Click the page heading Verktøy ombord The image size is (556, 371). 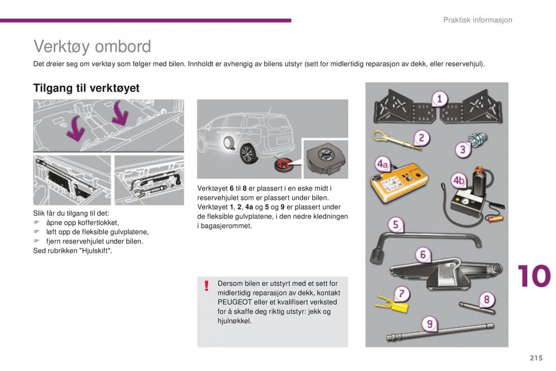[x=92, y=47]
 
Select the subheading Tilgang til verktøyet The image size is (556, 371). [x=86, y=88]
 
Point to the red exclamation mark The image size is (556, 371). [x=207, y=286]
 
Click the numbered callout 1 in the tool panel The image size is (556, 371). [x=439, y=99]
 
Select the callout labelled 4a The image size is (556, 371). [x=382, y=164]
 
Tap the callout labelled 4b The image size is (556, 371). [x=459, y=180]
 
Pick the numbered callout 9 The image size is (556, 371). [x=430, y=324]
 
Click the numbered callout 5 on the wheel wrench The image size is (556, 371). [x=395, y=225]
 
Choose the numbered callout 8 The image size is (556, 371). [x=486, y=300]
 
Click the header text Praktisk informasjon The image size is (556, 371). [x=477, y=20]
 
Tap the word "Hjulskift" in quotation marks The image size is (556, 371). [x=95, y=251]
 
